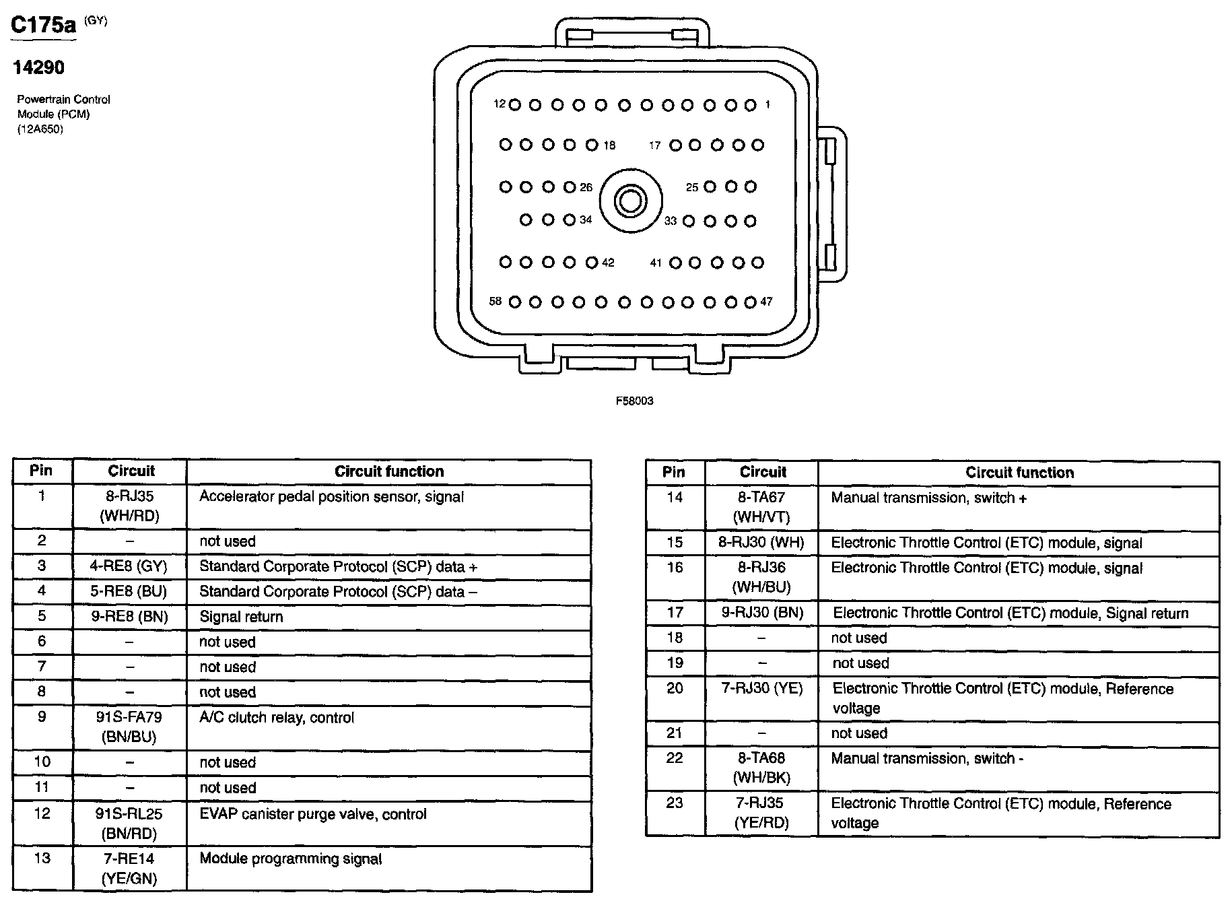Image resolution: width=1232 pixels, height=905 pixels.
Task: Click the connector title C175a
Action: click(44, 26)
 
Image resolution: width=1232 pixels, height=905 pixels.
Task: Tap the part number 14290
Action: click(38, 67)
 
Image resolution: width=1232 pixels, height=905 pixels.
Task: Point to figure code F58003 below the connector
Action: click(634, 401)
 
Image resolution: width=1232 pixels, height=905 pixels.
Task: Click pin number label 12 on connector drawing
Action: click(500, 104)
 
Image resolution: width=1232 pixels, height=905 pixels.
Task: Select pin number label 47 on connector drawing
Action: click(766, 302)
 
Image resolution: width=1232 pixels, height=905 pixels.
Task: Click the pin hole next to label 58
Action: click(515, 302)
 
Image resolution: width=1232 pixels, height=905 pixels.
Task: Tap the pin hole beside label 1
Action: click(751, 105)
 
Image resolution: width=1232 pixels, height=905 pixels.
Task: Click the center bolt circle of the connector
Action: click(631, 201)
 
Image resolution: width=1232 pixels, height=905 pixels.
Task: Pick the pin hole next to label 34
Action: click(570, 220)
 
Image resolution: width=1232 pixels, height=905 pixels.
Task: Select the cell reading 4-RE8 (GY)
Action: click(129, 566)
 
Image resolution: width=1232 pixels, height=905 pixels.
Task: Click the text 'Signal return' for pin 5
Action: click(241, 617)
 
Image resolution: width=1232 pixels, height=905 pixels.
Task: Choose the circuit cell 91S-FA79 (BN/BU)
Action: click(129, 727)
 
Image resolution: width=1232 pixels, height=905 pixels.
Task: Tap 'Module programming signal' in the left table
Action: click(291, 859)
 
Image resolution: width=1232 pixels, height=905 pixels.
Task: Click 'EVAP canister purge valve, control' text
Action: click(313, 814)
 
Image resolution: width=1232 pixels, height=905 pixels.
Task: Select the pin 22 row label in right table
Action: click(675, 758)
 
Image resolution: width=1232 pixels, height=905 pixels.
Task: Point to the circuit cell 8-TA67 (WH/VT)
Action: click(761, 507)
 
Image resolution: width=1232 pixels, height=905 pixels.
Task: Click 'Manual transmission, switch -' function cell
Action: click(927, 759)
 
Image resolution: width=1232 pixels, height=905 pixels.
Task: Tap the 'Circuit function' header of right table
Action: click(1019, 473)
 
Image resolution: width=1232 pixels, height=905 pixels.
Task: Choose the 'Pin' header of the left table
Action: click(42, 471)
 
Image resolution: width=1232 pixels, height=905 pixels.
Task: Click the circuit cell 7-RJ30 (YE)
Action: click(761, 688)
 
